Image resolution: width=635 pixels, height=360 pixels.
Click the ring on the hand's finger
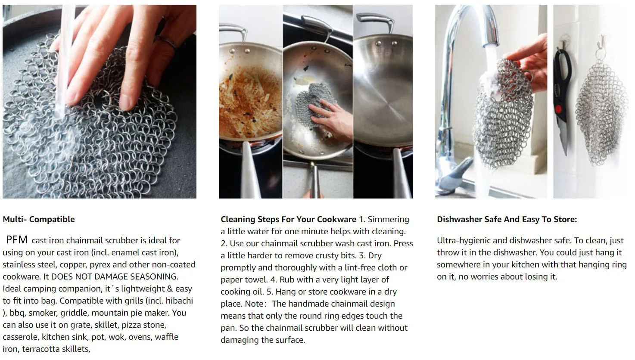pyautogui.click(x=167, y=42)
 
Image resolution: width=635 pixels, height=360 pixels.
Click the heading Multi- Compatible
pyautogui.click(x=39, y=219)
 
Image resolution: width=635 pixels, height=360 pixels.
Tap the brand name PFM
pyautogui.click(x=17, y=240)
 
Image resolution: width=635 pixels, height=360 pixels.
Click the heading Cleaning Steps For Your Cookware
pyautogui.click(x=288, y=219)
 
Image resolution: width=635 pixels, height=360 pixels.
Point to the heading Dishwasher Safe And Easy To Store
pyautogui.click(x=507, y=219)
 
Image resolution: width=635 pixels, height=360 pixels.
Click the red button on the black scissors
pyautogui.click(x=558, y=109)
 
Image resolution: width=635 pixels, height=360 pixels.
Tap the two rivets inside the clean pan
pyautogui.click(x=386, y=43)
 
